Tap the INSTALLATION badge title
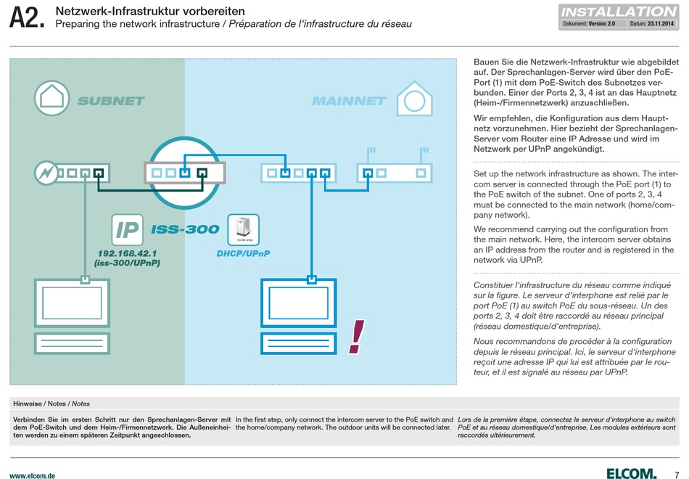619,12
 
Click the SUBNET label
111,101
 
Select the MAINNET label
350,101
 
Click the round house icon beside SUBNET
51,98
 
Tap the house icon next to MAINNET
414,98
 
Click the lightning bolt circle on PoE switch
46,173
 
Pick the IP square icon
127,229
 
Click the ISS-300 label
185,229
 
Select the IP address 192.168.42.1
127,253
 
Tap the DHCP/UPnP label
243,253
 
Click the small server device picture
244,229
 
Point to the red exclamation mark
357,337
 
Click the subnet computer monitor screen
72,303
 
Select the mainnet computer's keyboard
299,343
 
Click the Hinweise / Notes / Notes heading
51,404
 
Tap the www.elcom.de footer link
33,475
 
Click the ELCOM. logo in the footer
632,473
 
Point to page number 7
676,475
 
